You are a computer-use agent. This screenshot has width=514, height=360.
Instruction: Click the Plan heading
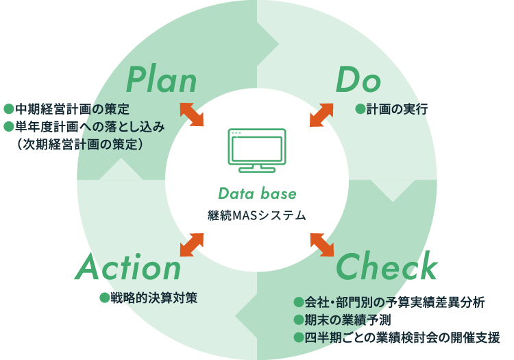[162, 80]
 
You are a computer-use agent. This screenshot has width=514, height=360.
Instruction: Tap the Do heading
[358, 80]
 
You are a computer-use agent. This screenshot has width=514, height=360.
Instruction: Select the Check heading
[387, 267]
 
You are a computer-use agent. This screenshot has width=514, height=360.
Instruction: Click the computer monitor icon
[256, 149]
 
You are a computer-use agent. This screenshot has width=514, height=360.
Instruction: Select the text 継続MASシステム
[256, 215]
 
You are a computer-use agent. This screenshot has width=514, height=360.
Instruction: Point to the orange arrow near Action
[192, 245]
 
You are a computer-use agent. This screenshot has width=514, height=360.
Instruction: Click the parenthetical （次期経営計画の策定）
[81, 144]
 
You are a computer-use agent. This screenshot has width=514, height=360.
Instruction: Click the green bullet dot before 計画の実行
[359, 109]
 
